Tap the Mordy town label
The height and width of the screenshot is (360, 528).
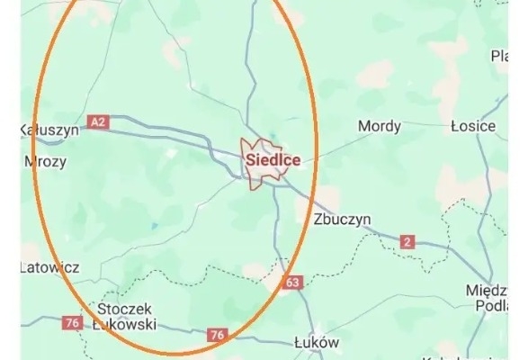tap(379, 126)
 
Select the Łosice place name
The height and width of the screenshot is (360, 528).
tap(473, 126)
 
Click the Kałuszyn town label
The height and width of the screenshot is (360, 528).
tap(49, 130)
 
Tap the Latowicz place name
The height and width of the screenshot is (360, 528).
tap(49, 267)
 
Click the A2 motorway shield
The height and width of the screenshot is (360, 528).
tap(98, 120)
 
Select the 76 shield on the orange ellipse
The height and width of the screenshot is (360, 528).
tap(216, 335)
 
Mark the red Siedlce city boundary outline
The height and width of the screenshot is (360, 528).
tap(262, 141)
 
